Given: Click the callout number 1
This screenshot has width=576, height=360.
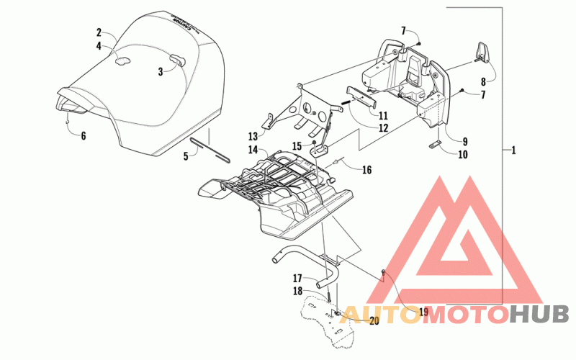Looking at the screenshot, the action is (x=513, y=150).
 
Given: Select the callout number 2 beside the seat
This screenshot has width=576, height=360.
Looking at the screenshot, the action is (x=99, y=32).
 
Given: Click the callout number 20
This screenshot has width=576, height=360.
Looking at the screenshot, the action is (x=373, y=321).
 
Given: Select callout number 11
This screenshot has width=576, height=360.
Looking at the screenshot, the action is (x=382, y=116).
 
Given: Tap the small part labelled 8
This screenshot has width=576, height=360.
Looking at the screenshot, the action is (x=480, y=53).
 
